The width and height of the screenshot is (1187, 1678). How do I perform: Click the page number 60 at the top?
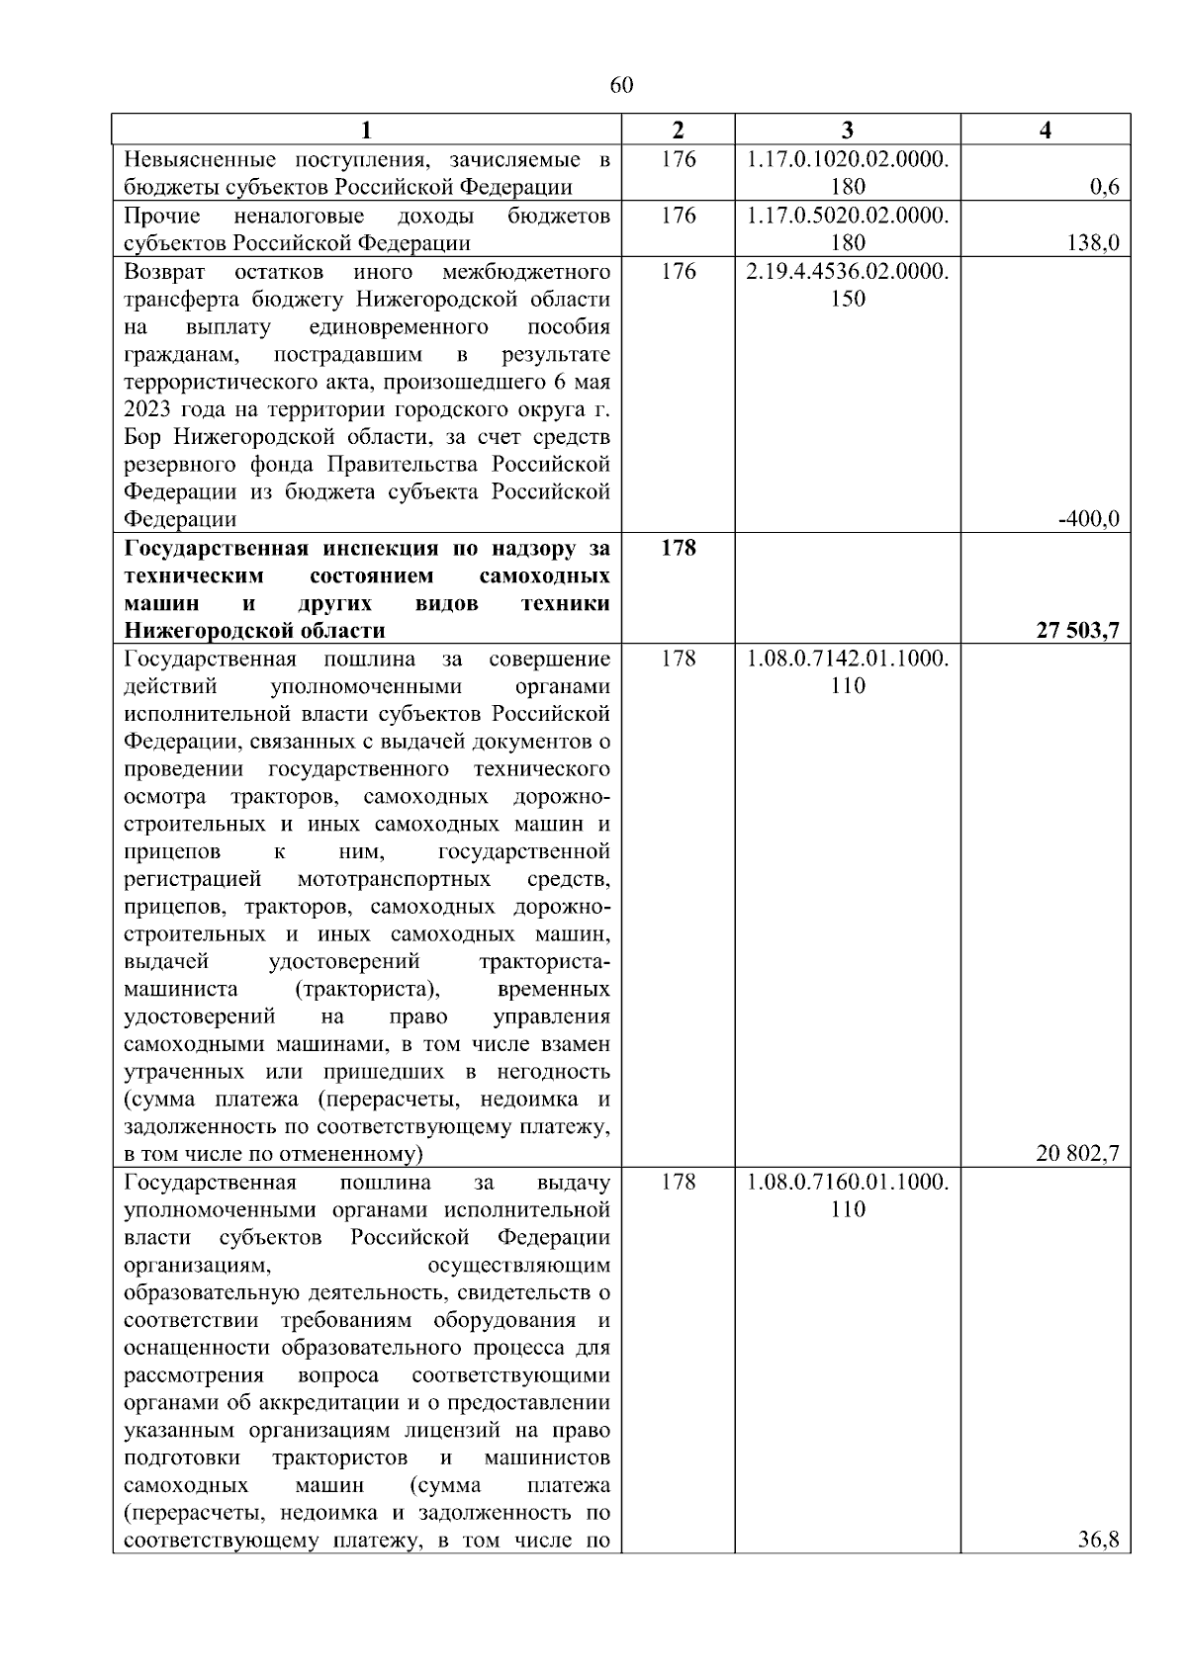click(621, 85)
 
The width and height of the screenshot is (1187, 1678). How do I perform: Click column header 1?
click(366, 130)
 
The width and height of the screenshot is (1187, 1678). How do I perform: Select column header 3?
click(847, 130)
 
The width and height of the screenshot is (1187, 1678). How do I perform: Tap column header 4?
click(1046, 130)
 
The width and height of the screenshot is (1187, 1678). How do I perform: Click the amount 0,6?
click(1105, 188)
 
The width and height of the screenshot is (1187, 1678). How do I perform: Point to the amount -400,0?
click(1088, 519)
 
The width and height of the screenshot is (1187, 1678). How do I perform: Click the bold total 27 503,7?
click(1077, 631)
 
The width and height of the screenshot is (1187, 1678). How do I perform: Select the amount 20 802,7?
click(1077, 1153)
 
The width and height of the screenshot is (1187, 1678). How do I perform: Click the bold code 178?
click(678, 548)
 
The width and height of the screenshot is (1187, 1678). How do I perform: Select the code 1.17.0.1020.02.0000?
click(848, 159)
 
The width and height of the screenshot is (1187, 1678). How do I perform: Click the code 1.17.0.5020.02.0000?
click(848, 216)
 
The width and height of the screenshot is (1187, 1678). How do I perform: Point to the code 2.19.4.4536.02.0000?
click(848, 271)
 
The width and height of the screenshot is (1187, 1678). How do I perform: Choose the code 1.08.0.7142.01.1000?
click(848, 659)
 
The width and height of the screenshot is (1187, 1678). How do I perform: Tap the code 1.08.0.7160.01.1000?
click(848, 1182)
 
